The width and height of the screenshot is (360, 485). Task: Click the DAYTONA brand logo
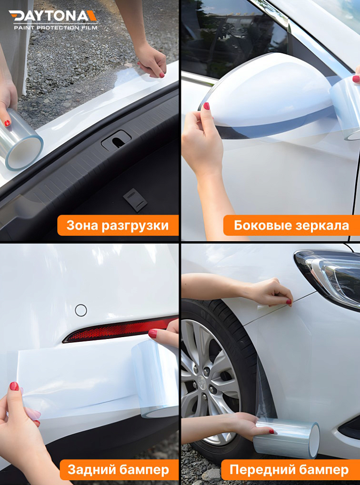(x=53, y=16)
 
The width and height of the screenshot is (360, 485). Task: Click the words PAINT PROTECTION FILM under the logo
(x=55, y=28)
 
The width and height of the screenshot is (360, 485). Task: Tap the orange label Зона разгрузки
(x=118, y=225)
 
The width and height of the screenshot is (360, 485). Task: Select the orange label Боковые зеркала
(x=291, y=225)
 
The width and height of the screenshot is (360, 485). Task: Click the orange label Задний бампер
(x=118, y=469)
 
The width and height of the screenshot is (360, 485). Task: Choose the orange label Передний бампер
(x=289, y=469)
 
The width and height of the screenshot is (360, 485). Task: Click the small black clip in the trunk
(x=135, y=200)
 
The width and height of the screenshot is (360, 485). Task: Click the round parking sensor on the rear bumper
(x=81, y=310)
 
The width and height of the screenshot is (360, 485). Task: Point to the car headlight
(x=332, y=276)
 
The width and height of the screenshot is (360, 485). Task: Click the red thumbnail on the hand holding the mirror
(x=206, y=106)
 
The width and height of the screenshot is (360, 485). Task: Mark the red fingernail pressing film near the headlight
(x=289, y=302)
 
